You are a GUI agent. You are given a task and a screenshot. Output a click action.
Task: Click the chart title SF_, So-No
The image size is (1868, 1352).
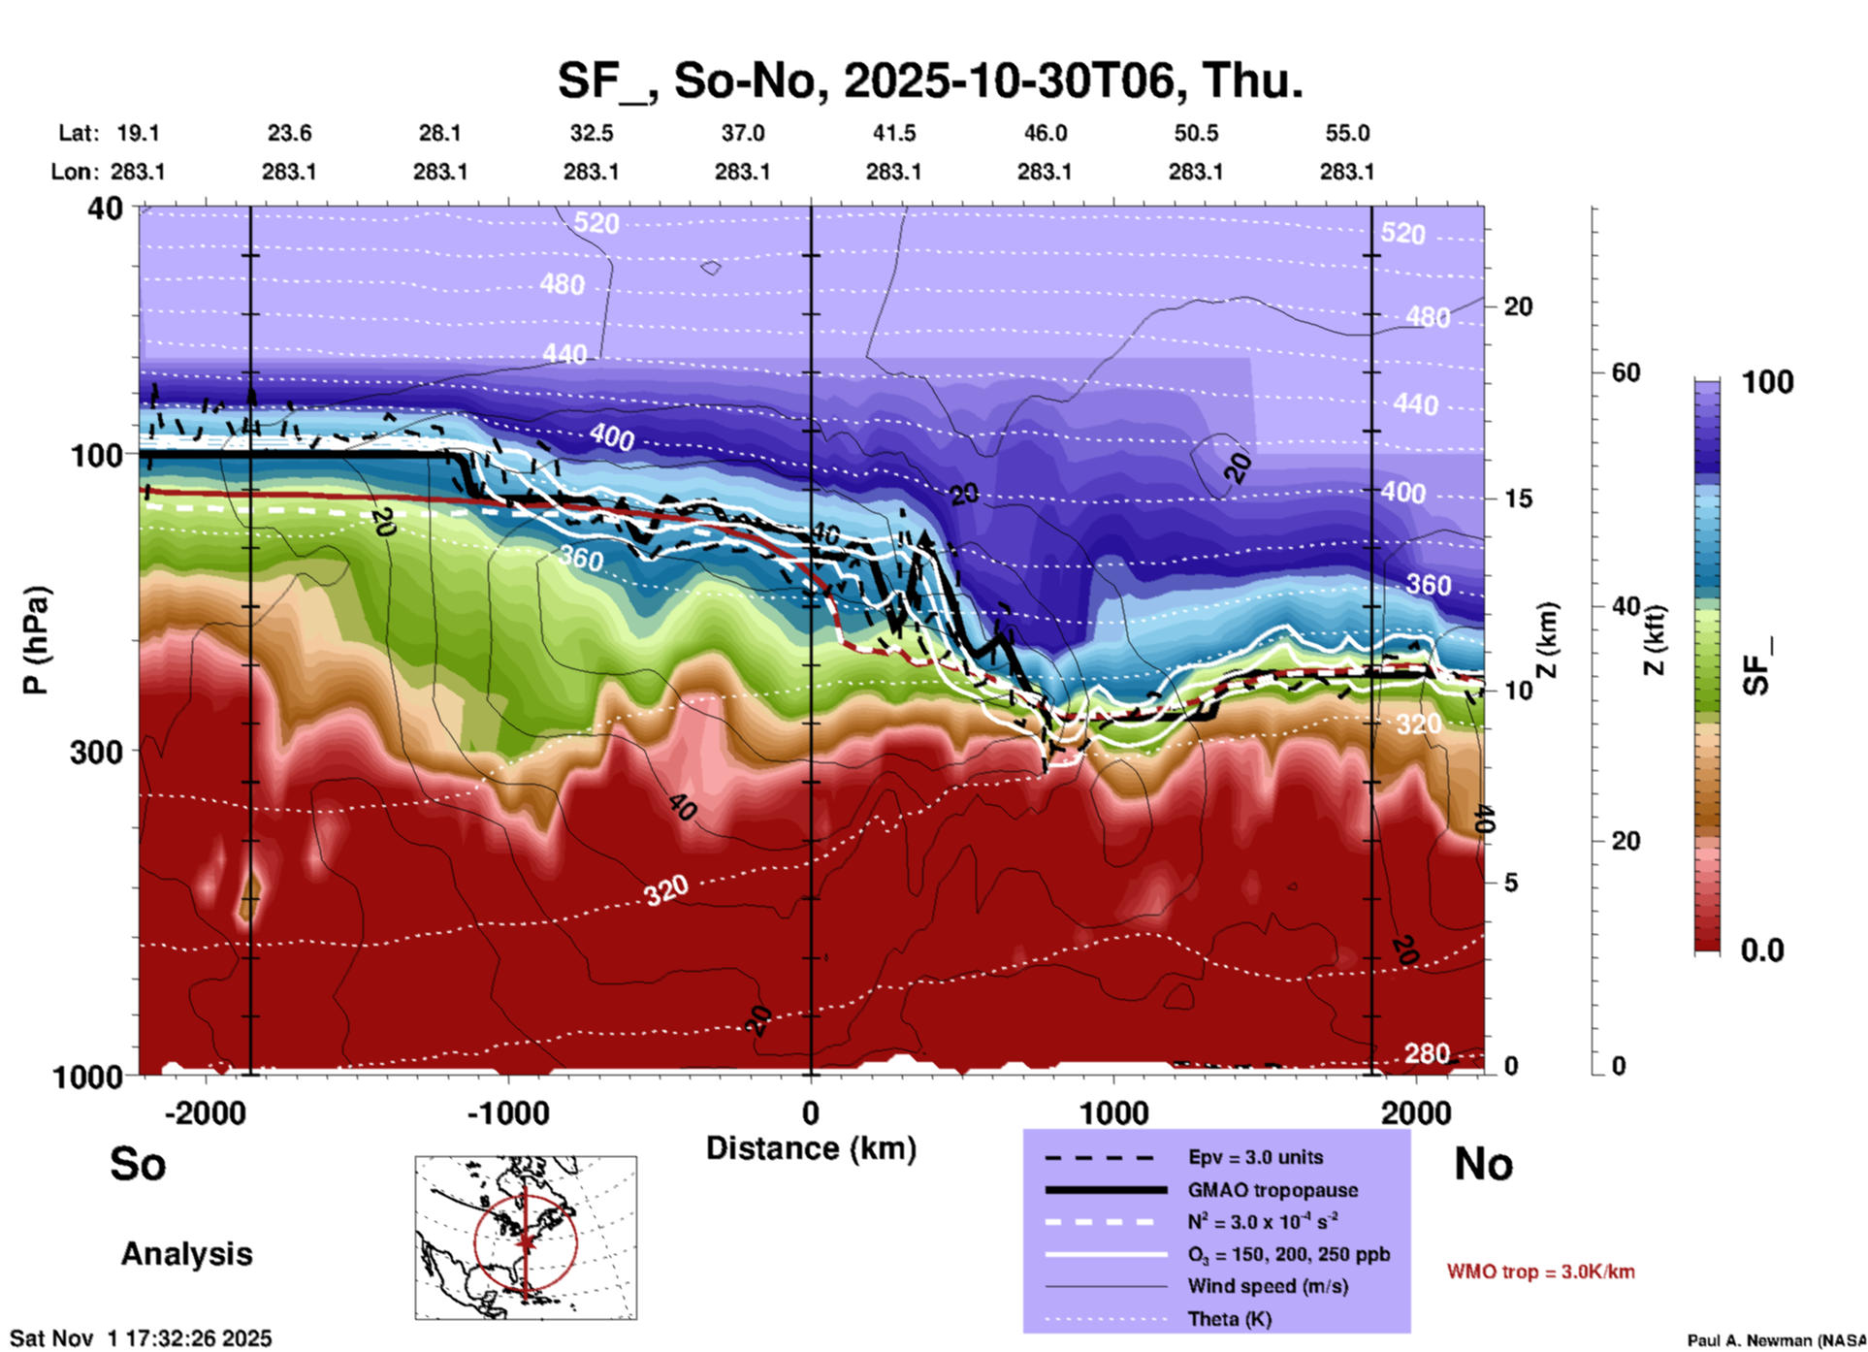pyautogui.click(x=929, y=81)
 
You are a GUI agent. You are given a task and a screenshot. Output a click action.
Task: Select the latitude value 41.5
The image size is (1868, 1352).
pyautogui.click(x=893, y=133)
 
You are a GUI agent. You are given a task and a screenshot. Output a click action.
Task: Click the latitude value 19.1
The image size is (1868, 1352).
pyautogui.click(x=138, y=133)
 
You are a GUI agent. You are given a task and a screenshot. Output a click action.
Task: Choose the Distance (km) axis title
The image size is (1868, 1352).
pyautogui.click(x=811, y=1148)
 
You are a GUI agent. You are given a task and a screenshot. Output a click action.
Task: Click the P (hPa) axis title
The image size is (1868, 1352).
pyautogui.click(x=36, y=640)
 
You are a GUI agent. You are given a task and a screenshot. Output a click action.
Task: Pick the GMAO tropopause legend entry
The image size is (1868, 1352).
pyautogui.click(x=1272, y=1190)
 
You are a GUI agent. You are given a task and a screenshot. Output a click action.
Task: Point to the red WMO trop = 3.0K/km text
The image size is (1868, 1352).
pyautogui.click(x=1540, y=1272)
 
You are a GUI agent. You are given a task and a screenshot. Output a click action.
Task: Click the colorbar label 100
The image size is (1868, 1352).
pyautogui.click(x=1767, y=382)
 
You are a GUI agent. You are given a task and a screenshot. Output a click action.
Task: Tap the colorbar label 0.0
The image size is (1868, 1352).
pyautogui.click(x=1761, y=950)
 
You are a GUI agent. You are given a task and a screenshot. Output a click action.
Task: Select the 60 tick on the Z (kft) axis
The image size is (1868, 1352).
pyautogui.click(x=1626, y=372)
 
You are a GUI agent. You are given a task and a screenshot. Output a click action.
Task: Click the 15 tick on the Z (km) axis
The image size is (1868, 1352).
pyautogui.click(x=1518, y=499)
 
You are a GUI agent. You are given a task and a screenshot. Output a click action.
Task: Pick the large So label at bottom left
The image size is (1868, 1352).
pyautogui.click(x=138, y=1164)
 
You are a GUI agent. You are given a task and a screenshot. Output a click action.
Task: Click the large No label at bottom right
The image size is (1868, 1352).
pyautogui.click(x=1483, y=1164)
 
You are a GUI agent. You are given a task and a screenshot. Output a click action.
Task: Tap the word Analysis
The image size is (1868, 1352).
pyautogui.click(x=186, y=1254)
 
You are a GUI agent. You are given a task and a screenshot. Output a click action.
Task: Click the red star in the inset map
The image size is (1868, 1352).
pyautogui.click(x=526, y=1240)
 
